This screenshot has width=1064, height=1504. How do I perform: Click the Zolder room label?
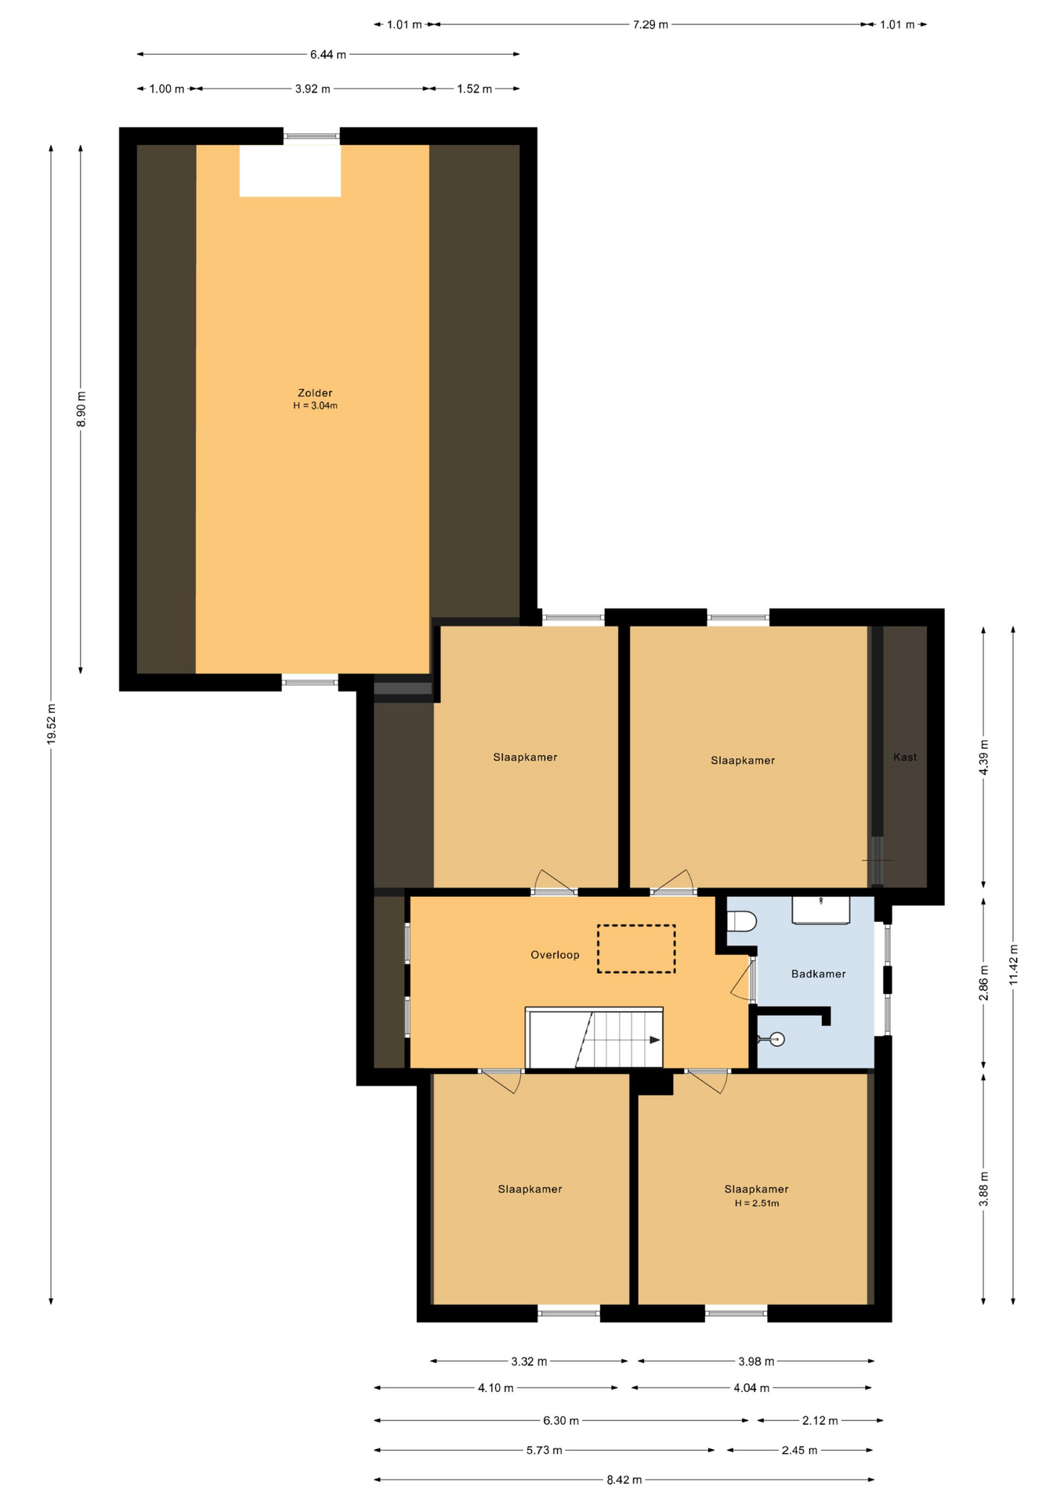click(x=315, y=393)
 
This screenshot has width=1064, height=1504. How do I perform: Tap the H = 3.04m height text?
click(x=315, y=406)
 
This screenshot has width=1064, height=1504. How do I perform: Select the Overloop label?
click(x=555, y=955)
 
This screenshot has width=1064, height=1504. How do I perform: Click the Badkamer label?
click(x=818, y=974)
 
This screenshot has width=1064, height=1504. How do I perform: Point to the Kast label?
click(x=905, y=757)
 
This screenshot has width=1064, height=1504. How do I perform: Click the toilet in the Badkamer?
click(x=741, y=921)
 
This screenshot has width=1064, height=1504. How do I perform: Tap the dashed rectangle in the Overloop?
click(x=636, y=949)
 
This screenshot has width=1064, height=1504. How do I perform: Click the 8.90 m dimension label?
click(x=81, y=409)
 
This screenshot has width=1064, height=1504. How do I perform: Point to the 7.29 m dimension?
click(x=650, y=24)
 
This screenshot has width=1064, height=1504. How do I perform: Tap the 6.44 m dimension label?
click(x=328, y=55)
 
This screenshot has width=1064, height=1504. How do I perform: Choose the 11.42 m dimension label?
click(x=1013, y=964)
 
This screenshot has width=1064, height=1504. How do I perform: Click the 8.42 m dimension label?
click(x=624, y=1480)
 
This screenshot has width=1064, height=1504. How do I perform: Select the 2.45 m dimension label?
click(x=799, y=1450)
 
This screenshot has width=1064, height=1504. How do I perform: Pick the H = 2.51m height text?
click(x=757, y=1203)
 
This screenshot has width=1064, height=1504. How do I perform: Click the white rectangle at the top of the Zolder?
click(x=290, y=171)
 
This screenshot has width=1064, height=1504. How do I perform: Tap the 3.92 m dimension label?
click(x=313, y=89)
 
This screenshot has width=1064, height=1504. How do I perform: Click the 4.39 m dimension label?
click(x=984, y=757)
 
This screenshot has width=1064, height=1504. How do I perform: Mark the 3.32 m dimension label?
click(x=529, y=1361)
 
